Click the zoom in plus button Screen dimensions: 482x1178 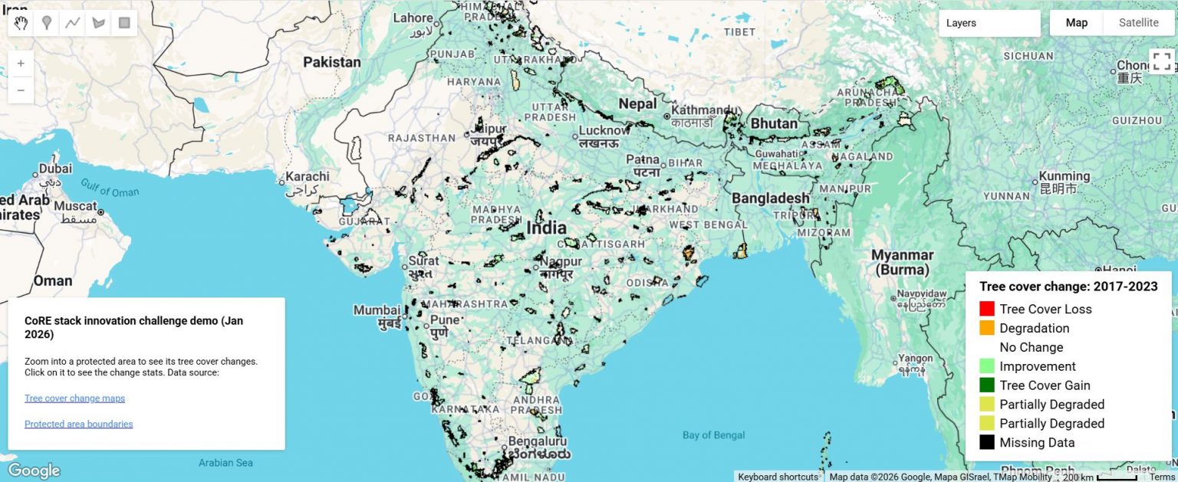pyautogui.click(x=21, y=64)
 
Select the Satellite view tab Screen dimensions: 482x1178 pyautogui.click(x=1138, y=23)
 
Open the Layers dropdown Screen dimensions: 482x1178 pyautogui.click(x=989, y=23)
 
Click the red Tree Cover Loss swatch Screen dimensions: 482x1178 pyautogui.click(x=987, y=310)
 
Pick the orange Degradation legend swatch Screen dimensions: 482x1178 pyautogui.click(x=987, y=328)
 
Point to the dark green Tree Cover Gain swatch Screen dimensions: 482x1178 pyautogui.click(x=987, y=385)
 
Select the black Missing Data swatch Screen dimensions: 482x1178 pyautogui.click(x=987, y=443)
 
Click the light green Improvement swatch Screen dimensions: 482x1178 pyautogui.click(x=987, y=366)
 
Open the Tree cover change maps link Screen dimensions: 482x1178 pyautogui.click(x=74, y=398)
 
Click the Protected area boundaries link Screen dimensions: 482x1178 pyautogui.click(x=78, y=425)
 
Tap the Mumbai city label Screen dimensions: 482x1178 pyautogui.click(x=376, y=311)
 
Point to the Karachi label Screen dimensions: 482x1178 pyautogui.click(x=308, y=176)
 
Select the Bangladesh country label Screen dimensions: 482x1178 pyautogui.click(x=770, y=198)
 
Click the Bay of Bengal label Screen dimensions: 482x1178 pyautogui.click(x=713, y=436)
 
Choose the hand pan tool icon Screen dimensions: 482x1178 pyautogui.click(x=21, y=23)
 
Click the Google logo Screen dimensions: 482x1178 pyautogui.click(x=34, y=470)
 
